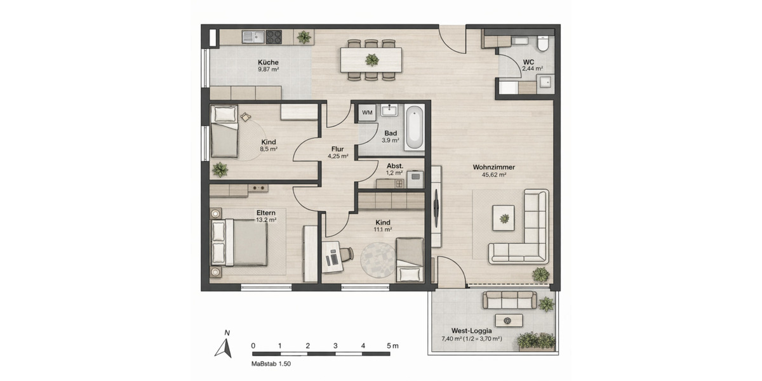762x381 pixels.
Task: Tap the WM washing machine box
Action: [367, 113]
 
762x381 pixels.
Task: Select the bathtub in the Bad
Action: [413, 128]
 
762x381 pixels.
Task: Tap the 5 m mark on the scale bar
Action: [391, 346]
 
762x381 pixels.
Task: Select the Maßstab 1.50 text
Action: [271, 365]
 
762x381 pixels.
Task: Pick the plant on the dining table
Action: [371, 60]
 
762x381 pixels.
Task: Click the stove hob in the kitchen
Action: [274, 37]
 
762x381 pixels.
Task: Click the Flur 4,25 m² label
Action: [338, 152]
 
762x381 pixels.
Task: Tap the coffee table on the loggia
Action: [509, 321]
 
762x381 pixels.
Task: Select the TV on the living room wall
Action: [437, 210]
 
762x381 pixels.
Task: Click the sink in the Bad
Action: [389, 111]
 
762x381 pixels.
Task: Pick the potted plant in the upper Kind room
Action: [220, 170]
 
